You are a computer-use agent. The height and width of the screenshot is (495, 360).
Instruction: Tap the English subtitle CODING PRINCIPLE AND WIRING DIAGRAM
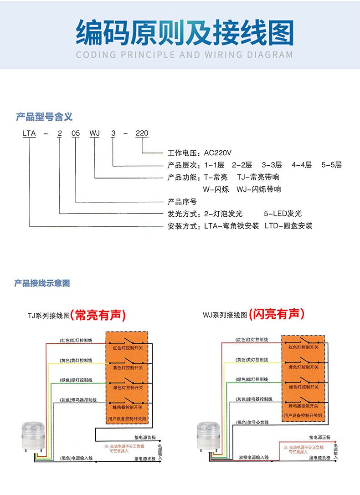coord(184,55)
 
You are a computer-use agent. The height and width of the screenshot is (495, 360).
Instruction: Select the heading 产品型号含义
coord(44,117)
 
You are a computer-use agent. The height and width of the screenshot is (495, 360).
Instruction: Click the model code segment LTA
coord(29,133)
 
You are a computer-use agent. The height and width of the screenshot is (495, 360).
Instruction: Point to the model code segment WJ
coord(94,133)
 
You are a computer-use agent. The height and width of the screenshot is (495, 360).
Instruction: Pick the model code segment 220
coord(142,133)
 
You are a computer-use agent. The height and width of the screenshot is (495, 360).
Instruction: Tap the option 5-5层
coord(331,165)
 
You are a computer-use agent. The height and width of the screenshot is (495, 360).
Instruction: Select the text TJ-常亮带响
coord(258,177)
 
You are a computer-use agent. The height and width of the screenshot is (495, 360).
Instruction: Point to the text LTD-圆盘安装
coord(288,226)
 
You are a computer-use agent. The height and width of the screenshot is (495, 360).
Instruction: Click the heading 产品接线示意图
coord(42,283)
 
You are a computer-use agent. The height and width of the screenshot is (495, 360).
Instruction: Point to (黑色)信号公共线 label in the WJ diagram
coord(252,422)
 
